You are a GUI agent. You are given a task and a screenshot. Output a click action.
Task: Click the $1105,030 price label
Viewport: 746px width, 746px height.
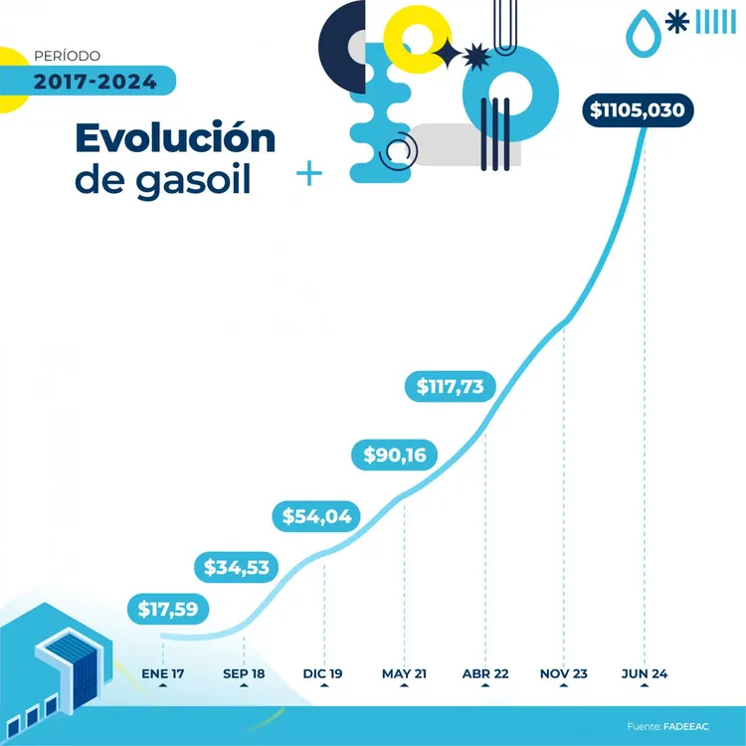(638, 109)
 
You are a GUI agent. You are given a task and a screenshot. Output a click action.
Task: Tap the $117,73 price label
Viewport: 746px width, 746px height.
(451, 385)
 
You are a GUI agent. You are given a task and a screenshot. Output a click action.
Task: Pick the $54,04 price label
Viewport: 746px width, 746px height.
(316, 516)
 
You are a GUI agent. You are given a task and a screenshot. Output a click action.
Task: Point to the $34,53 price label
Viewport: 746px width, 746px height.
(238, 568)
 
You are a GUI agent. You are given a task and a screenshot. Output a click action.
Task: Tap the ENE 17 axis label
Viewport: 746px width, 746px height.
(163, 674)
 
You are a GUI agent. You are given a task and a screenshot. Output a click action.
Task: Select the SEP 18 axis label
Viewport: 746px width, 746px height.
(244, 674)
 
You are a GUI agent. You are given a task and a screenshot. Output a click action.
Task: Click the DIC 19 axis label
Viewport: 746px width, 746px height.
(323, 674)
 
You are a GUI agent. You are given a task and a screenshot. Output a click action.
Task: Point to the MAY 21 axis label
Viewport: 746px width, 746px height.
(404, 674)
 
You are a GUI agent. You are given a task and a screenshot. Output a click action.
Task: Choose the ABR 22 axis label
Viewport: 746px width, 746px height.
(485, 674)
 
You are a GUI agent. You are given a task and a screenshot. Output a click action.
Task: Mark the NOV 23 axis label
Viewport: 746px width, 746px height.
(564, 674)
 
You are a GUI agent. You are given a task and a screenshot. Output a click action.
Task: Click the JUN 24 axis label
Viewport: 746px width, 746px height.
(644, 674)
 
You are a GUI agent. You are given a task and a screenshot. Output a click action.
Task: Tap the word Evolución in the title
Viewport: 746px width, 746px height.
(175, 138)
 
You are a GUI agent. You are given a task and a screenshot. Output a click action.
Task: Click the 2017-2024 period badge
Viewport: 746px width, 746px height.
(95, 82)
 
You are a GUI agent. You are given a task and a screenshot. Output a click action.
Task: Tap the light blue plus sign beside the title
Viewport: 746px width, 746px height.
(310, 175)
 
